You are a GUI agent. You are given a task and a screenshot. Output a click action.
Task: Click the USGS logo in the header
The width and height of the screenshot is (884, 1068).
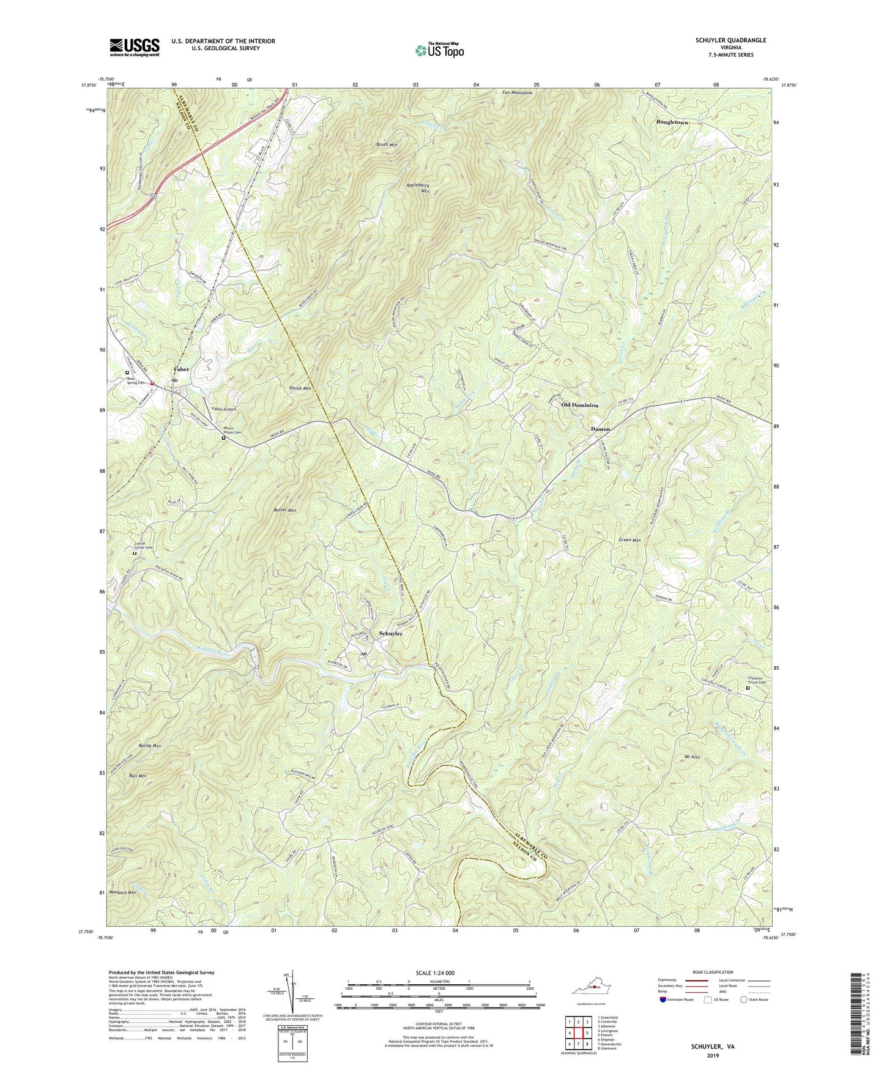pos(134,47)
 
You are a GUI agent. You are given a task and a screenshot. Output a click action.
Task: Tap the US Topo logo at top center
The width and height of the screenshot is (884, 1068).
pos(439,50)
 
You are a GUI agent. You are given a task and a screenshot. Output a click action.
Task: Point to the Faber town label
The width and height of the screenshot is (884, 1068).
pos(181,369)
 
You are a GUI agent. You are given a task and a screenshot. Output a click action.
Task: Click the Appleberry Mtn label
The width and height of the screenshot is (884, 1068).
pos(418,188)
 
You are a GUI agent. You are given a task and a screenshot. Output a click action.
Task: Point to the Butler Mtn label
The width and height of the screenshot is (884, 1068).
pos(284,510)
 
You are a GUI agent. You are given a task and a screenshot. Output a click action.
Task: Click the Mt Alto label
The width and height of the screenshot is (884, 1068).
pos(691,757)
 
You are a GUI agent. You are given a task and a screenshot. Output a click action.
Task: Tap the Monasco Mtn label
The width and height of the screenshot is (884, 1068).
pos(122,892)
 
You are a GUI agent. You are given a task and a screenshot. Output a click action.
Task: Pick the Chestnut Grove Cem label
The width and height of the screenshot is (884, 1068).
pos(757,680)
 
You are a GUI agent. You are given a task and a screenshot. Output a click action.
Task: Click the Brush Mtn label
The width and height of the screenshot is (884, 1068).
pos(387,145)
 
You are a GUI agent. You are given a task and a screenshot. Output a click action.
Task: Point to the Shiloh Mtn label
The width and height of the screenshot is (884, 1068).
pos(300,388)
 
